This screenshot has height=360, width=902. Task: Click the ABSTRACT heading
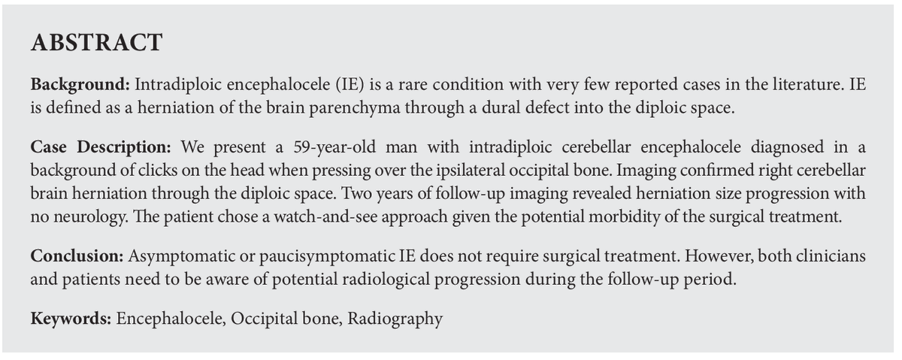click(96, 44)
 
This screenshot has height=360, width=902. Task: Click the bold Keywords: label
click(71, 319)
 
